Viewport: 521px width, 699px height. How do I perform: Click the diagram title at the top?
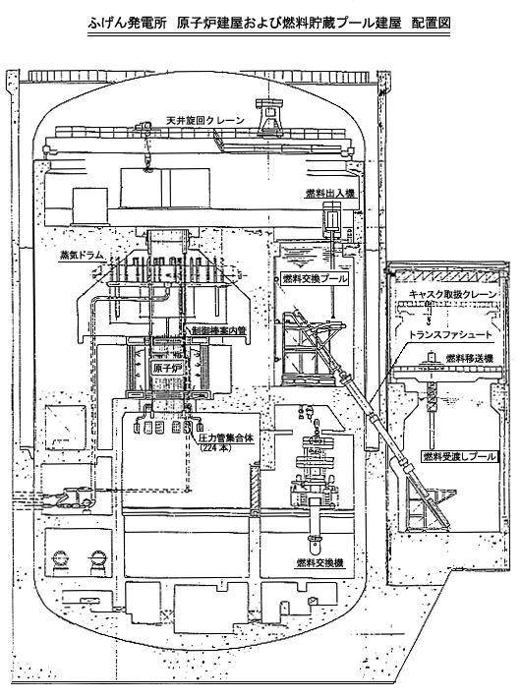tap(269, 24)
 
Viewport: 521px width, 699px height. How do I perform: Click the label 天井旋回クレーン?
tap(205, 120)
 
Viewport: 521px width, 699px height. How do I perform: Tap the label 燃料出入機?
tap(330, 193)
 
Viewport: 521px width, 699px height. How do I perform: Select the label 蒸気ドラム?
tap(82, 256)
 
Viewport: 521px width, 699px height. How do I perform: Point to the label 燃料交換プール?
tap(315, 279)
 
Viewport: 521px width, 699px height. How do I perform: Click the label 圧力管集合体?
tap(227, 438)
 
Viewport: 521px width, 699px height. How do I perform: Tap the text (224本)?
tap(215, 448)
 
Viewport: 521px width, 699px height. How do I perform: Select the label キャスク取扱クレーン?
tap(453, 294)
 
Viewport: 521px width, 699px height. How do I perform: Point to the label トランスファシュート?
tap(451, 335)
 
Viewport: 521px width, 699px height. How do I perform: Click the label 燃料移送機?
tap(470, 359)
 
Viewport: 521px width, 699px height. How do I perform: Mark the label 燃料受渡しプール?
tap(459, 456)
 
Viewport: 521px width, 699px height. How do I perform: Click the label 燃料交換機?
tap(320, 563)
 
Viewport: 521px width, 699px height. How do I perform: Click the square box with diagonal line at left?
tap(66, 428)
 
